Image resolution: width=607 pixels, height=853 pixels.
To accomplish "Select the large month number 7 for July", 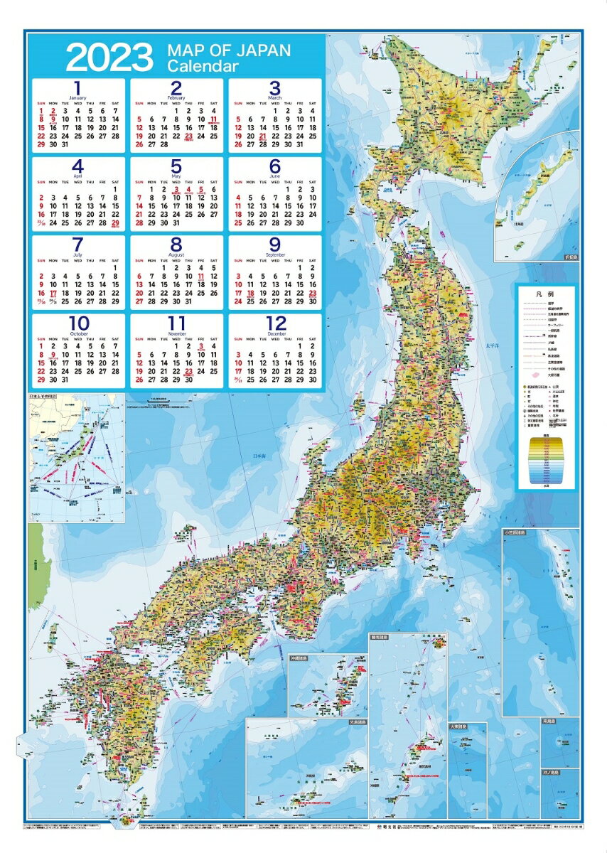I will click(x=78, y=245).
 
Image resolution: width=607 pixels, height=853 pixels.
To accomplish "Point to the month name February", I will click(x=176, y=97).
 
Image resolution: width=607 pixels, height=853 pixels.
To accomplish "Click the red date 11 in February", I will click(x=214, y=120).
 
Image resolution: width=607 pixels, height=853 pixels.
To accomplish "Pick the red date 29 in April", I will click(x=115, y=222).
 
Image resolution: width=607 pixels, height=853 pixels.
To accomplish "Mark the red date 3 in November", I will click(x=202, y=347).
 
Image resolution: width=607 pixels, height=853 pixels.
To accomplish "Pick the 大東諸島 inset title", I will click(x=459, y=727).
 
